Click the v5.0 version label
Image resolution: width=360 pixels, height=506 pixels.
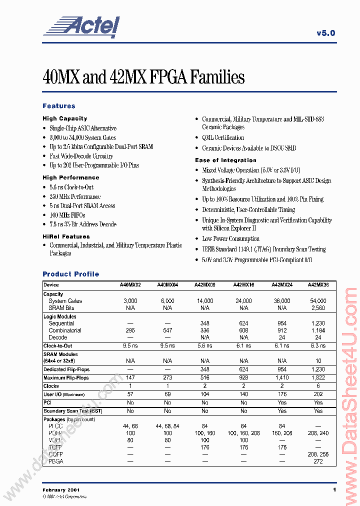point(325,33)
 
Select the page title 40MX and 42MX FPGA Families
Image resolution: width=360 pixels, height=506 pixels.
point(144,77)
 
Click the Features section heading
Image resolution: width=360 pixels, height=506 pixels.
point(59,106)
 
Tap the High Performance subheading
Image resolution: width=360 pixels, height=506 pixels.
point(70,177)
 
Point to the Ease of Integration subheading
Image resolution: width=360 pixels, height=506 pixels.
point(225,160)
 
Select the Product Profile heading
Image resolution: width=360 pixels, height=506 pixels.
point(70,274)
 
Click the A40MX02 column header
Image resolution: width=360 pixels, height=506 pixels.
point(130,285)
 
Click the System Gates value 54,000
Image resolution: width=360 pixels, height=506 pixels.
point(318,301)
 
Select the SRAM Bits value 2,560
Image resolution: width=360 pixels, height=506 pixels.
point(318,308)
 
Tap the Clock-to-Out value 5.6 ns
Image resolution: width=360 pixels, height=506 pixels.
point(205,345)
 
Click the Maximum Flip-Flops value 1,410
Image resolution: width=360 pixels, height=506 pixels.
point(282,378)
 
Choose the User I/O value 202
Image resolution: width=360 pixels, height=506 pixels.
point(318,394)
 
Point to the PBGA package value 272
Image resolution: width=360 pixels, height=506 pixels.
point(318,461)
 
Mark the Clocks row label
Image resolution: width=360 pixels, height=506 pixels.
point(51,386)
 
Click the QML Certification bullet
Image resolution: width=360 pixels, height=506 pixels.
point(222,137)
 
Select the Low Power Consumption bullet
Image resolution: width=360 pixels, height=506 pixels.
point(230,238)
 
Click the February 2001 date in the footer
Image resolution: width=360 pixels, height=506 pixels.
point(61,489)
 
